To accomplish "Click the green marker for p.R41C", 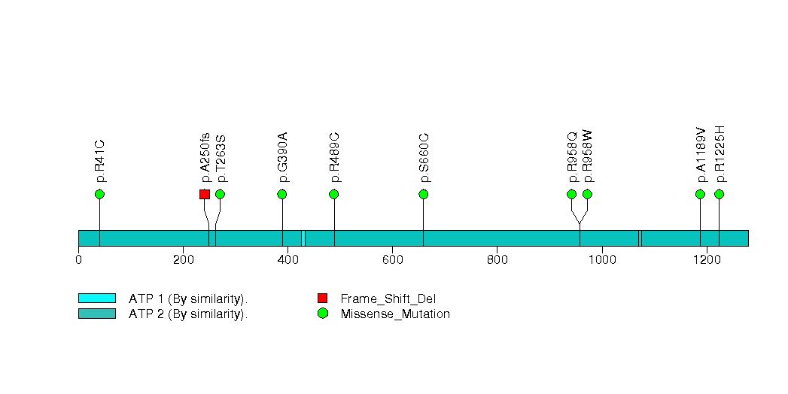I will point(99,194).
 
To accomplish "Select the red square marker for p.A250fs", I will point(204,194).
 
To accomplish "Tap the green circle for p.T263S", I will point(220,194).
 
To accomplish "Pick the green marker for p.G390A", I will point(282,194).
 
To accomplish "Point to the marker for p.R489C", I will point(334,194).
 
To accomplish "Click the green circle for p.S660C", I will point(423,194).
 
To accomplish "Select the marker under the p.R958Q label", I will point(571,194).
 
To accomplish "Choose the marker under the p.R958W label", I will point(587,194).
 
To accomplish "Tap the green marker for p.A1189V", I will point(700,194).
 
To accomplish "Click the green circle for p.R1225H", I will point(719,194).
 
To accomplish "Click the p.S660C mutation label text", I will point(425,158).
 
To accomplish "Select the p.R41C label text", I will point(101,161).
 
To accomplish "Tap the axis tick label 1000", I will point(601,260).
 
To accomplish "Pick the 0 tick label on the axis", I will point(78,260).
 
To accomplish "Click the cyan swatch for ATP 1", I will point(96,299).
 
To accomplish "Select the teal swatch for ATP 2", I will point(96,314).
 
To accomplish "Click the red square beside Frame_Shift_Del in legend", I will point(323,299).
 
